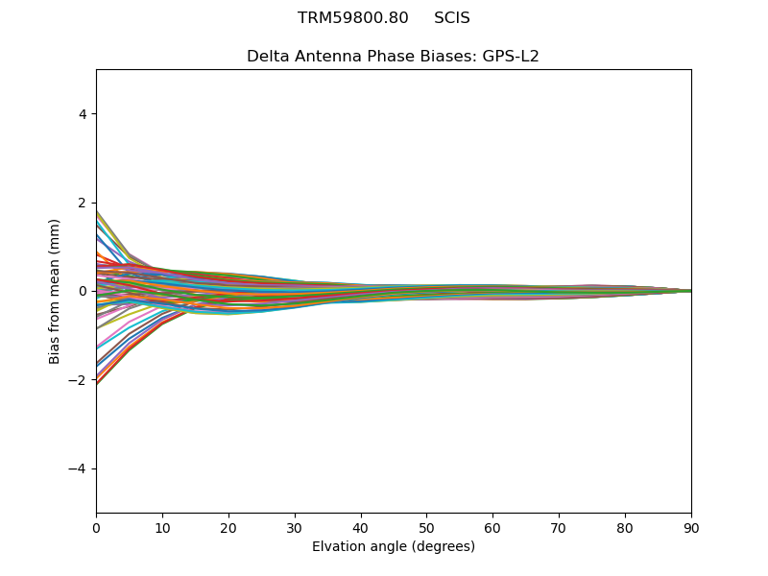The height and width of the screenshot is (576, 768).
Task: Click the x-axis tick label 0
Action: point(96,527)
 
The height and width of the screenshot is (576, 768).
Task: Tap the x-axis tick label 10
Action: point(162,527)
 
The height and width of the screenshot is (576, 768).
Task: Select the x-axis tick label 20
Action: point(228,527)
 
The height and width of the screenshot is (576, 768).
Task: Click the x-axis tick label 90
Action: point(691,527)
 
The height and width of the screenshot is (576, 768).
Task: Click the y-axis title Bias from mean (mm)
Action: point(56,291)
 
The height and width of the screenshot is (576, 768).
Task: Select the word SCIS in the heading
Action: point(452,18)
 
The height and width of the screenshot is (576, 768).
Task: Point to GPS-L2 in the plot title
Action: point(511,56)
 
